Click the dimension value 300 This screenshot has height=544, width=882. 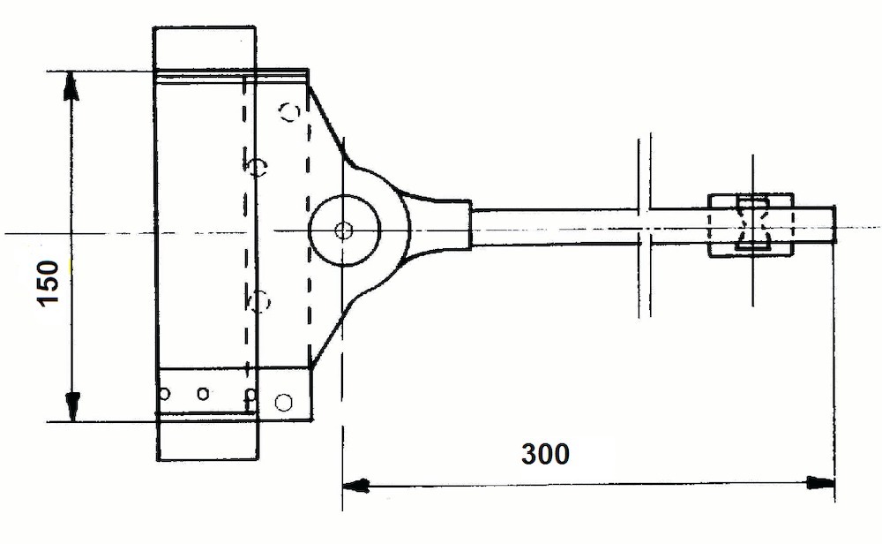tap(545, 454)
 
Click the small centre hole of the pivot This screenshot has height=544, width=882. tap(343, 230)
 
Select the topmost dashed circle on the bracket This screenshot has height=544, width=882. tap(288, 111)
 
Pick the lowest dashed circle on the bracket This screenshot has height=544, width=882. tap(259, 301)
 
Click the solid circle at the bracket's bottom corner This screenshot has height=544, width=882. tap(283, 402)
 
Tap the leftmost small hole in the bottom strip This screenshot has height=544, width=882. tap(164, 393)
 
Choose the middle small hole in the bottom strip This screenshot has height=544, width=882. tap(204, 393)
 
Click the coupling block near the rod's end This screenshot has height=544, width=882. tap(751, 225)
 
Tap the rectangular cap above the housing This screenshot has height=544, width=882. tap(205, 49)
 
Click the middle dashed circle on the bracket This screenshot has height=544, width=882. tap(257, 166)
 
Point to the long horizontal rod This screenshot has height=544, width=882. tap(556, 225)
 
